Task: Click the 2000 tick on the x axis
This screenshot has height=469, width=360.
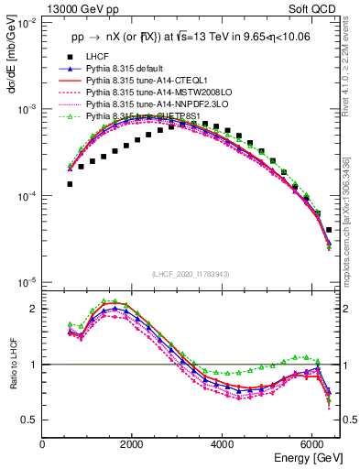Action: coord(134,445)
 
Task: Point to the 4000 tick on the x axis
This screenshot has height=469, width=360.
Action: coord(224,445)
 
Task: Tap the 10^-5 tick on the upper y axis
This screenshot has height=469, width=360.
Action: coord(27,281)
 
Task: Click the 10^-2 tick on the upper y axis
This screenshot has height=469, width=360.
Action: coord(27,23)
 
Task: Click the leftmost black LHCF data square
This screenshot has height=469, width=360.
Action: coord(70,184)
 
